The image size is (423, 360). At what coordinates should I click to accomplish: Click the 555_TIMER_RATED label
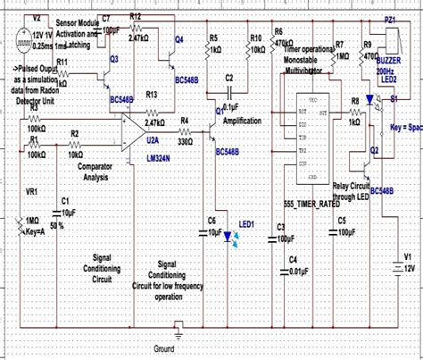point(313,204)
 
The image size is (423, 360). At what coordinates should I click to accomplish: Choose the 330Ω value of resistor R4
point(185,141)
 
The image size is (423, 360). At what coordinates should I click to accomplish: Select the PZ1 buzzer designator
point(390,19)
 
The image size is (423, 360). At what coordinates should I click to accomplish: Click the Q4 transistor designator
point(179,39)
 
